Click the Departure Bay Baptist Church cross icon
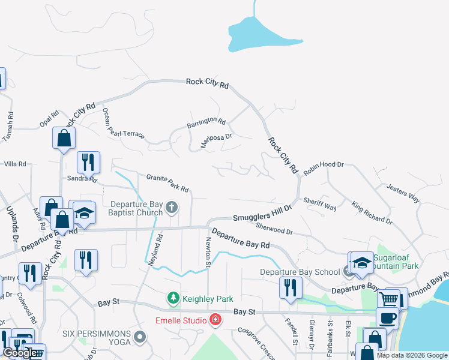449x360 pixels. click(x=172, y=208)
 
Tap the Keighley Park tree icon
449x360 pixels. click(x=173, y=298)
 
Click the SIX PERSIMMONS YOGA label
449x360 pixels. click(x=99, y=337)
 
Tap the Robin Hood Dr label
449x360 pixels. click(x=323, y=167)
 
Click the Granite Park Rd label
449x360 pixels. click(x=168, y=183)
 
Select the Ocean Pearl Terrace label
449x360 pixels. click(x=123, y=123)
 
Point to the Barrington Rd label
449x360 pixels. click(x=205, y=123)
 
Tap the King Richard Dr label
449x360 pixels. click(x=372, y=212)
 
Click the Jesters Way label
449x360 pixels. click(x=403, y=193)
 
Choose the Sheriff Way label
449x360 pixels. click(x=319, y=204)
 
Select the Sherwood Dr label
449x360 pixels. click(x=274, y=228)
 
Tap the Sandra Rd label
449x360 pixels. click(x=82, y=178)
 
